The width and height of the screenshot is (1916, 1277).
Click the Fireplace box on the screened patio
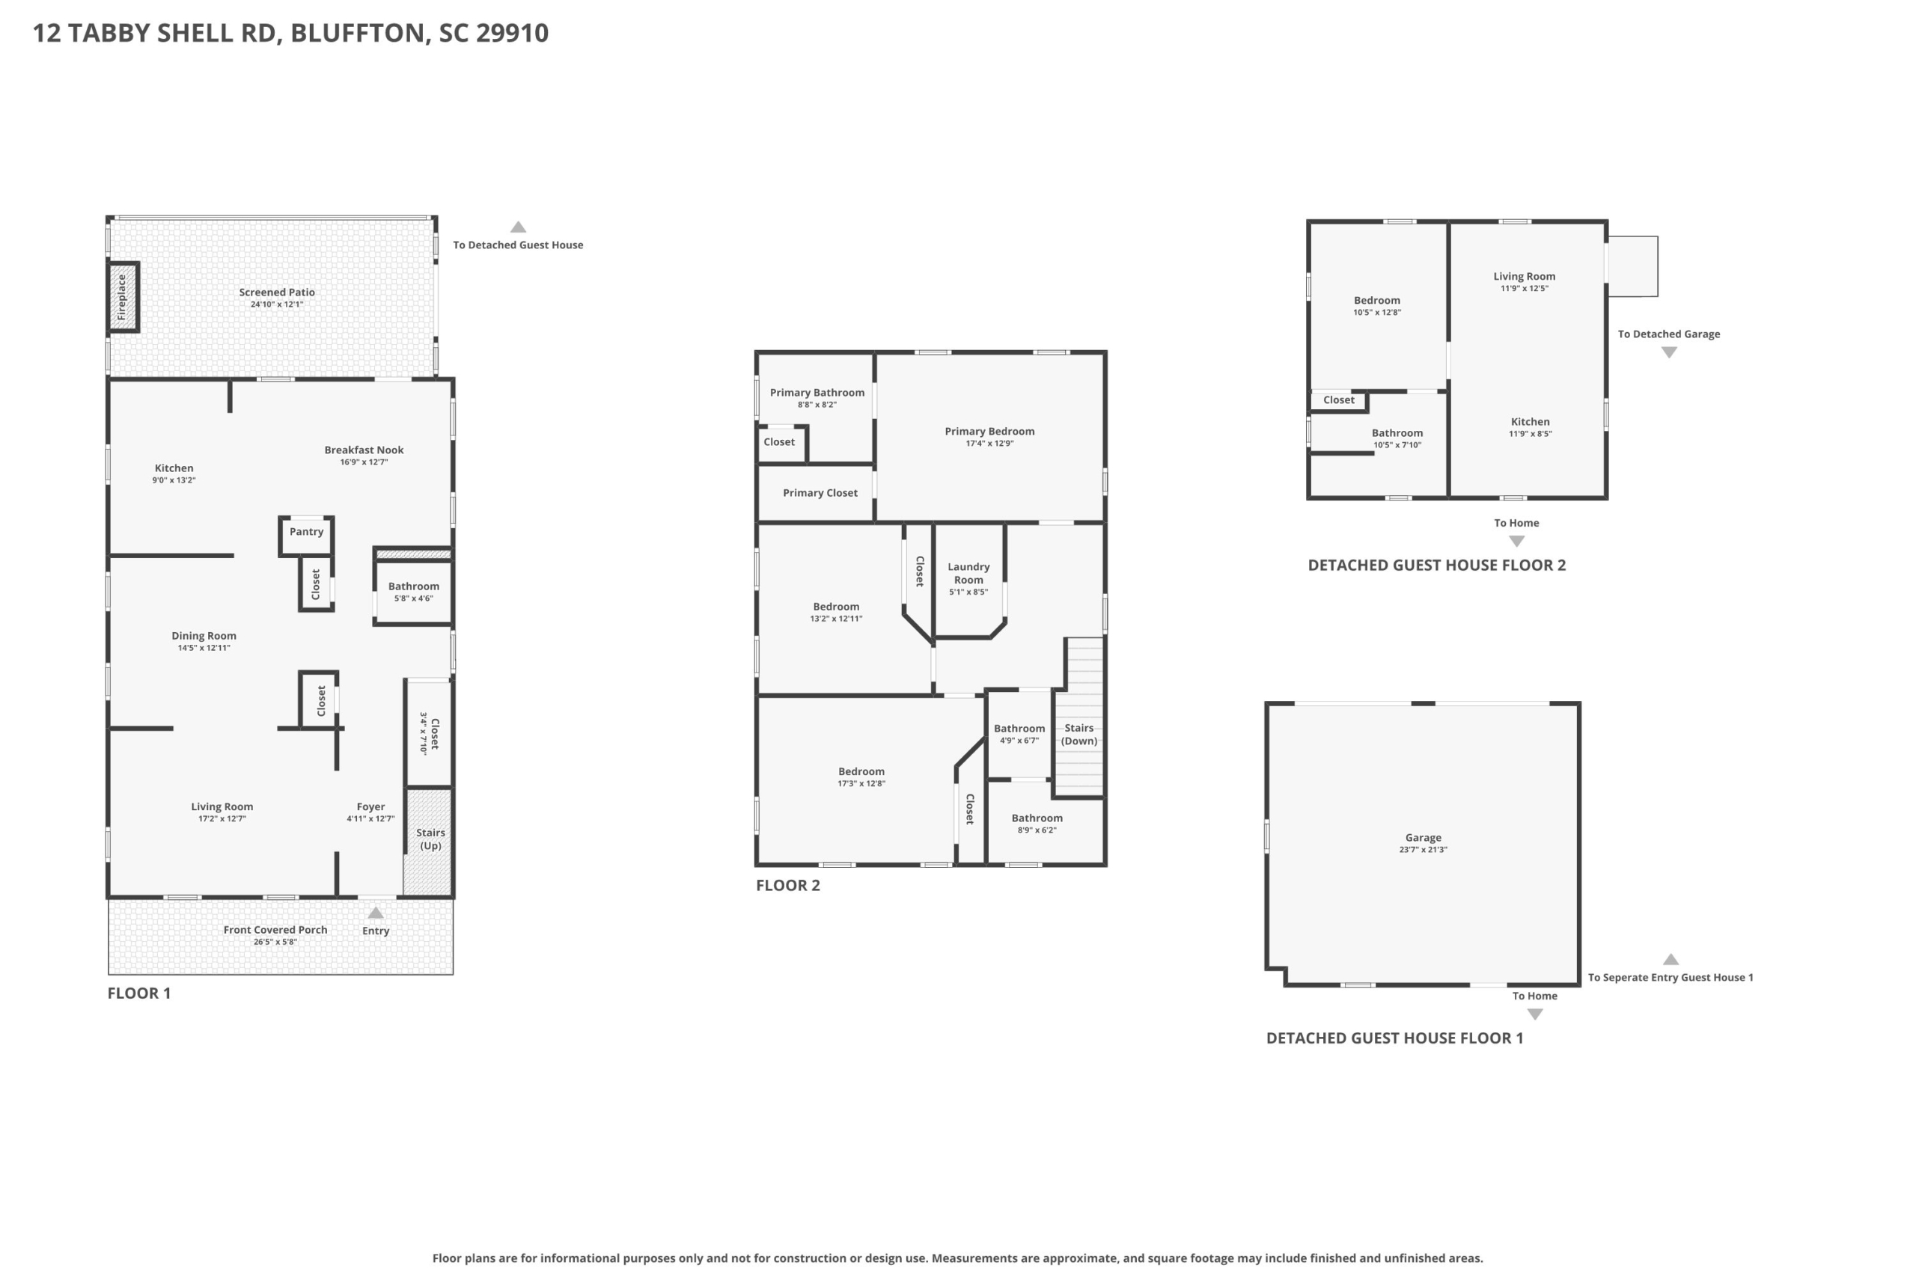(x=123, y=297)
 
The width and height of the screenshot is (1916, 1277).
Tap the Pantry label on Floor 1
(x=306, y=532)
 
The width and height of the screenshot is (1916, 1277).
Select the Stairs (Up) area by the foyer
(x=430, y=842)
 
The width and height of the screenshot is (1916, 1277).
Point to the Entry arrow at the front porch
(x=376, y=913)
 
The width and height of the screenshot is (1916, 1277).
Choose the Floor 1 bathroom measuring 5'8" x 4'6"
(x=413, y=592)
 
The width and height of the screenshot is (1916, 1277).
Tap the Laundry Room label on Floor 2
(x=968, y=573)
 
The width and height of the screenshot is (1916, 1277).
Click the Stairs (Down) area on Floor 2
(x=1079, y=717)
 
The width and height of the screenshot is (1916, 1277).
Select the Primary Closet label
(x=820, y=493)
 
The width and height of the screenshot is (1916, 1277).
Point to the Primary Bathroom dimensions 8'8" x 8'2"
(x=817, y=405)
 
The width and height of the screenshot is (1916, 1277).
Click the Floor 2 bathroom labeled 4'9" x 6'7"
(x=1019, y=734)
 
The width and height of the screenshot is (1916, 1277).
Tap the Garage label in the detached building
(x=1423, y=837)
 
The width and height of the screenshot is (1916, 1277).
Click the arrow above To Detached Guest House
(x=518, y=227)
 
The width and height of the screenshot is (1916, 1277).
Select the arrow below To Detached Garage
(x=1669, y=352)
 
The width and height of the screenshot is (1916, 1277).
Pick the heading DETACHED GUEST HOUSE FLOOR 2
(x=1436, y=566)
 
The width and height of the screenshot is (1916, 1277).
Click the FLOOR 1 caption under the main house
(x=139, y=993)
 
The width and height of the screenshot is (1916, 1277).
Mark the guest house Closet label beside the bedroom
(x=1338, y=400)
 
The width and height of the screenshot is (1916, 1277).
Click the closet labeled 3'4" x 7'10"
(x=430, y=733)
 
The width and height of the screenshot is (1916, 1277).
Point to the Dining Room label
(x=204, y=636)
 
